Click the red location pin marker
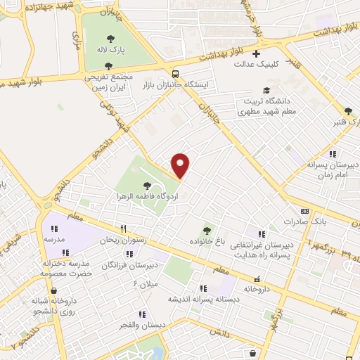(181, 165)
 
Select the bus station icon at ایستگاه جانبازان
(174, 72)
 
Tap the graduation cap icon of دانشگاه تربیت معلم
(266, 90)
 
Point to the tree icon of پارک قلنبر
(348, 110)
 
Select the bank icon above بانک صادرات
(304, 210)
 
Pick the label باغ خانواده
(206, 240)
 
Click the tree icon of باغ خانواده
(206, 229)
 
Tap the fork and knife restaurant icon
(123, 229)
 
